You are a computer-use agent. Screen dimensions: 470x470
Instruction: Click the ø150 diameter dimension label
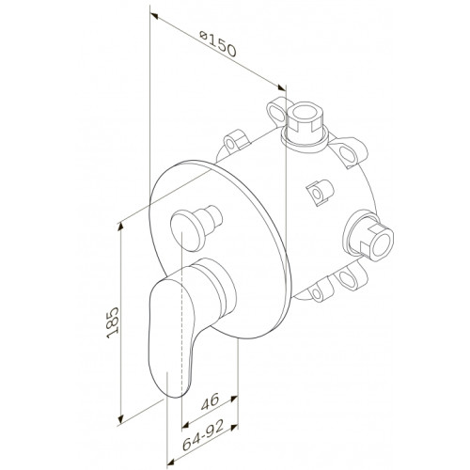[x=218, y=44]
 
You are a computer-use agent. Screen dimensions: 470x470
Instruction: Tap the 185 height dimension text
[x=113, y=322]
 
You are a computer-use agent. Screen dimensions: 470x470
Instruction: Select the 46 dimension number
[x=210, y=401]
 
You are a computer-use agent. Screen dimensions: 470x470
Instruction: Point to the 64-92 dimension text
[x=203, y=434]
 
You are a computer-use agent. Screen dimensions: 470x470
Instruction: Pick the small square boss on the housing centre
[x=320, y=193]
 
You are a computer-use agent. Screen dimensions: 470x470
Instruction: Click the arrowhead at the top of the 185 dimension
[x=120, y=227]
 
